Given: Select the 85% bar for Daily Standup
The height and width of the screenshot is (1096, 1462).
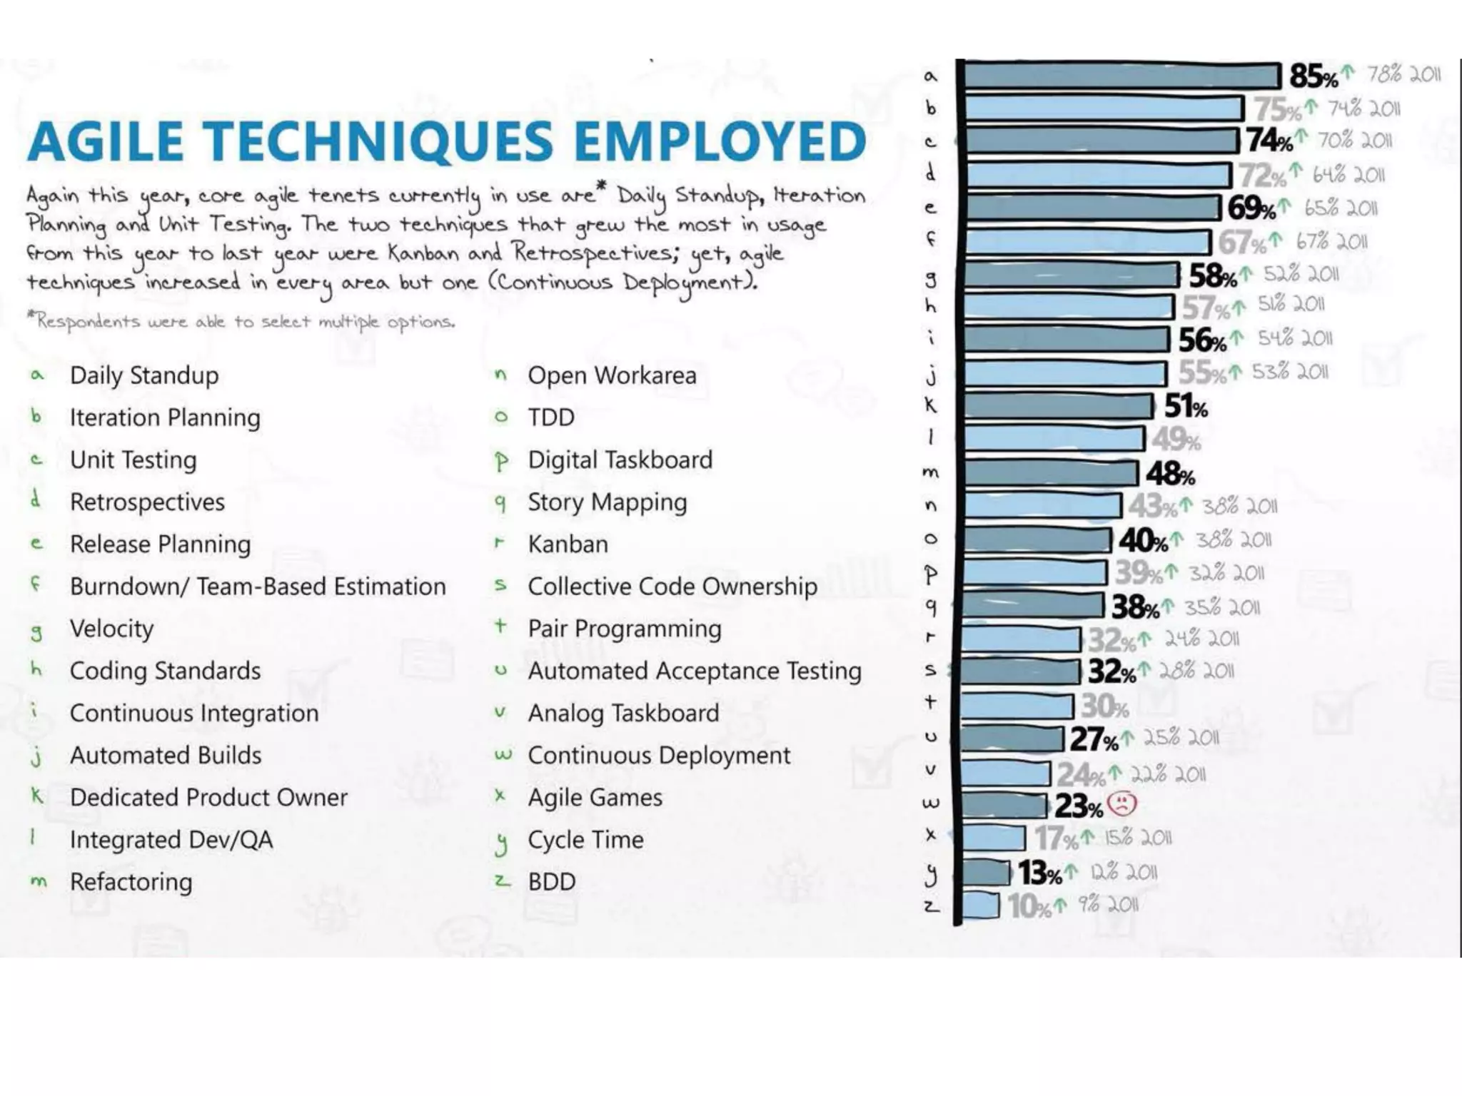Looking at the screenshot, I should (x=1121, y=76).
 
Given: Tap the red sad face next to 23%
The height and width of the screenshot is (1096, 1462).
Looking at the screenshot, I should (x=1121, y=804).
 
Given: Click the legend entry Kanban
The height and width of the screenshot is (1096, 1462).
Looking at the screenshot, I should (x=568, y=544).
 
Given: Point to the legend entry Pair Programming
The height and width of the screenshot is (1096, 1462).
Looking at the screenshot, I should (x=624, y=629).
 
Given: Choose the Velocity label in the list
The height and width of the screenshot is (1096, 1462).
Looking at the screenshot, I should (x=111, y=629).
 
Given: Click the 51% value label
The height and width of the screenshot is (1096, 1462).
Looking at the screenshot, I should (x=1185, y=407).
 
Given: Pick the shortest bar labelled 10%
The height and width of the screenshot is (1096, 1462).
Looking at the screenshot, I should (x=980, y=905).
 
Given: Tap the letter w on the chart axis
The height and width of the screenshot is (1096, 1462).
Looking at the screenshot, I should (x=930, y=803).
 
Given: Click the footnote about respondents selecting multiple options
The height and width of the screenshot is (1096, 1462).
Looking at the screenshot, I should (x=241, y=322).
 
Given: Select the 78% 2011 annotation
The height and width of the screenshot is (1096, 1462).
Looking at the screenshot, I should (x=1403, y=74).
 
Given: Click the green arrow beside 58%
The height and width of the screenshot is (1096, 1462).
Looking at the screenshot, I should (x=1246, y=273).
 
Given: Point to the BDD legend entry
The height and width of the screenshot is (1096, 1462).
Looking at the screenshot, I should (x=551, y=882).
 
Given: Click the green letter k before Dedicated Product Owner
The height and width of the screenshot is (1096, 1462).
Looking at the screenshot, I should (x=36, y=795).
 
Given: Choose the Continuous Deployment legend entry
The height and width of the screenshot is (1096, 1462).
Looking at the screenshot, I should (x=658, y=756).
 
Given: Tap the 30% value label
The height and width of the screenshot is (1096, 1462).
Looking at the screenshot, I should (x=1104, y=706).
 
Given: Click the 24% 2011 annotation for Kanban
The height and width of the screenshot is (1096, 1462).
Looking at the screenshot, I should (x=1201, y=638).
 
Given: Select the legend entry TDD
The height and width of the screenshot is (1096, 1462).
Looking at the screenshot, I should (x=550, y=417).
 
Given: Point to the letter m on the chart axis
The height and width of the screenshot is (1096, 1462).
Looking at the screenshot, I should (x=930, y=472).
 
